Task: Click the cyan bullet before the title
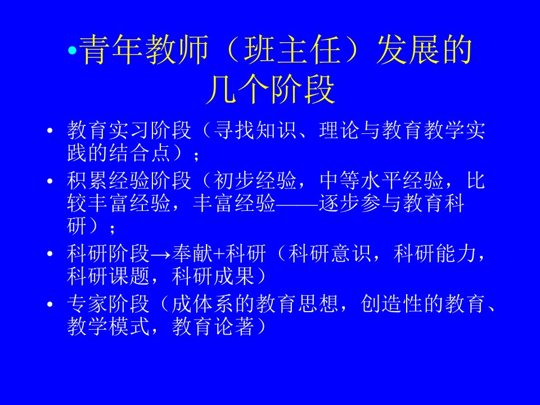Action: pos(73,51)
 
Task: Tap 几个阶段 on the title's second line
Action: pos(271,89)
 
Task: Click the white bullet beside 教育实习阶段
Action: pos(50,130)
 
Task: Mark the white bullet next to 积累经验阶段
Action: pos(50,181)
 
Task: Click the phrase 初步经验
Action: pos(255,181)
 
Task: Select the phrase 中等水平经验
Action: pos(381,181)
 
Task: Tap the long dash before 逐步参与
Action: pos(297,204)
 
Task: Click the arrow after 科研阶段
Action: pos(161,254)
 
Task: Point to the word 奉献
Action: pos(192,254)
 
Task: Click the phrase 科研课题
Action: pos(108,276)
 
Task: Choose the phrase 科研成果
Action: pos(214,276)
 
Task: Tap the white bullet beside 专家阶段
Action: pos(50,304)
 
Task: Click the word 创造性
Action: pos(392,304)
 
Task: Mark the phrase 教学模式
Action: pos(108,326)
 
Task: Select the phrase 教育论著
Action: pos(214,326)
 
